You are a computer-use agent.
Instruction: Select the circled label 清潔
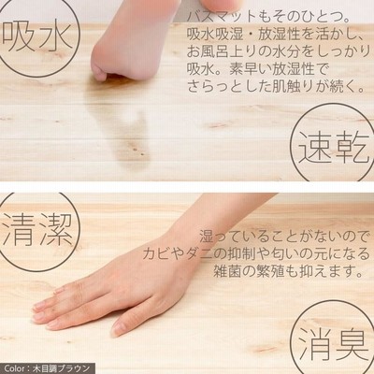36,232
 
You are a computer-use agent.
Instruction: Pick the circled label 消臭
333,340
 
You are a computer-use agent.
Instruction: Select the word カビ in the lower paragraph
155,254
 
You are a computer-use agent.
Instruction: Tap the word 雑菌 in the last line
225,271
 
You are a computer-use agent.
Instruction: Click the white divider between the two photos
187,187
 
